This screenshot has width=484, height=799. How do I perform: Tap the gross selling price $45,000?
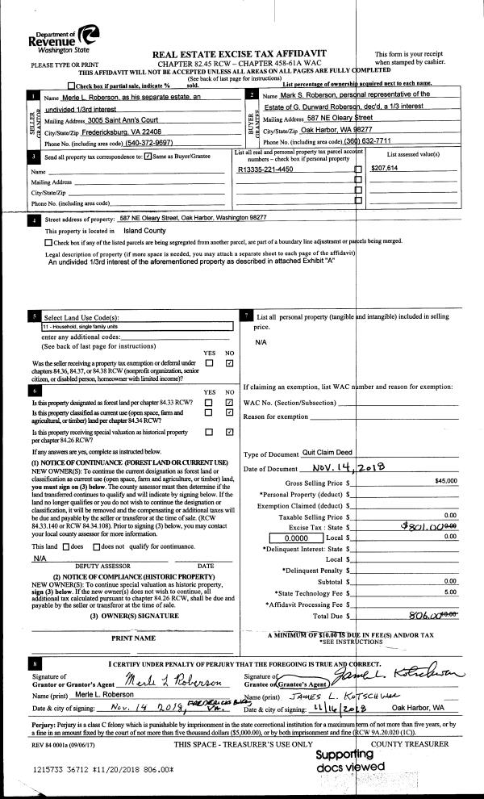coord(445,481)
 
